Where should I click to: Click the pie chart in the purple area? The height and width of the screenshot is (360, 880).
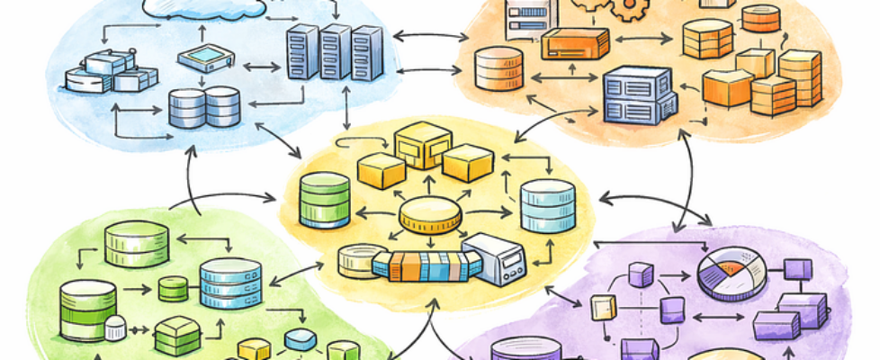pyautogui.click(x=732, y=274)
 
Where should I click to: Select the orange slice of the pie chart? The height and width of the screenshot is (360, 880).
pyautogui.click(x=732, y=266)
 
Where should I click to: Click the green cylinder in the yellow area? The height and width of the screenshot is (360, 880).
pyautogui.click(x=325, y=199)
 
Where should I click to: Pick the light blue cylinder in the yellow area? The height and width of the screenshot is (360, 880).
pyautogui.click(x=547, y=205)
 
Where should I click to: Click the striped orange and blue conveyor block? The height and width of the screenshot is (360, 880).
pyautogui.click(x=427, y=265)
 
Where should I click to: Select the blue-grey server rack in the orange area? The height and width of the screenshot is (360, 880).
pyautogui.click(x=639, y=95)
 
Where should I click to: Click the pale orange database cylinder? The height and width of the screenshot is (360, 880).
pyautogui.click(x=498, y=68)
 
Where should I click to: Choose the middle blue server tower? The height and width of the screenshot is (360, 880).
pyautogui.click(x=336, y=52)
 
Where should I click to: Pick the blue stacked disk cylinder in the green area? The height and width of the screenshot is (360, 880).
pyautogui.click(x=229, y=283)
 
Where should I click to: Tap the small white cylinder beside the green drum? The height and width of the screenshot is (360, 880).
pyautogui.click(x=115, y=328)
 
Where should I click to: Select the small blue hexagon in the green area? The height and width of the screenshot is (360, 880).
pyautogui.click(x=301, y=339)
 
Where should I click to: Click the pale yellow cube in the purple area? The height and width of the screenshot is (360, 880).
pyautogui.click(x=601, y=308)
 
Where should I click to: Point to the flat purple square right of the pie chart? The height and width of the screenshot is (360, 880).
pyautogui.click(x=797, y=268)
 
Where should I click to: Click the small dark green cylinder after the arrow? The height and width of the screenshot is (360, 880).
pyautogui.click(x=173, y=289)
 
